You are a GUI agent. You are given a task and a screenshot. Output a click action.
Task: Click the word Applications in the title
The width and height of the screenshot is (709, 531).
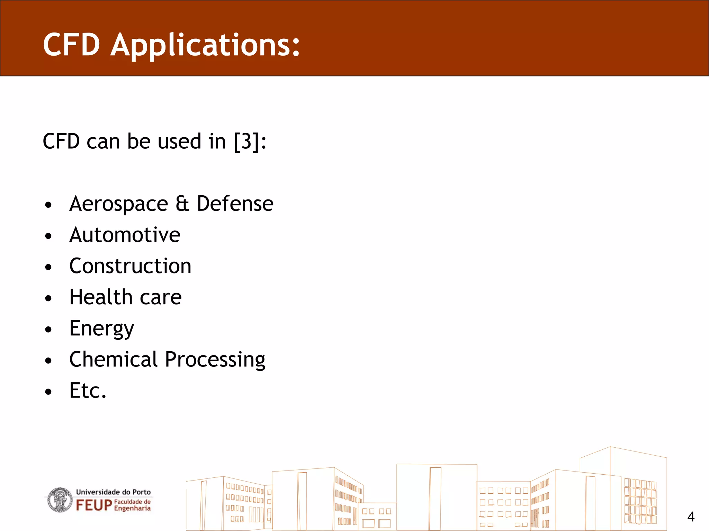[205, 45]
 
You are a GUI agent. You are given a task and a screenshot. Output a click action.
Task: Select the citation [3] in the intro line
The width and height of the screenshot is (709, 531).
[246, 141]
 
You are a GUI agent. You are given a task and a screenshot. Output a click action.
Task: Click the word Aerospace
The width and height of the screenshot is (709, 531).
[118, 204]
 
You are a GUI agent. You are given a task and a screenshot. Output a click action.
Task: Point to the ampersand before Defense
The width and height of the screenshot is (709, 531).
[182, 204]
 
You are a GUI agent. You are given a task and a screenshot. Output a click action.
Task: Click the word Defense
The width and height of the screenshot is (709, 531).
[235, 204]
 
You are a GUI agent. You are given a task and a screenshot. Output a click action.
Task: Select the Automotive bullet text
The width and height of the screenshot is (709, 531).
[125, 235]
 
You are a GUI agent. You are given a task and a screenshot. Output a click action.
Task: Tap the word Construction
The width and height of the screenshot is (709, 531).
[130, 266]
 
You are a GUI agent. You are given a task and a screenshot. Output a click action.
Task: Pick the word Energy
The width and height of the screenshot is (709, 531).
[101, 329]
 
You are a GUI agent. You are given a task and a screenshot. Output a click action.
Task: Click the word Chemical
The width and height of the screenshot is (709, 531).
[114, 360]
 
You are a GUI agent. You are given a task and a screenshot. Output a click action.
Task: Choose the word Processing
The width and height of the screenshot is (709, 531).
[215, 360]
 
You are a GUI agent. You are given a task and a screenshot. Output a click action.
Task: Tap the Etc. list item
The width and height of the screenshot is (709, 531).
[88, 391]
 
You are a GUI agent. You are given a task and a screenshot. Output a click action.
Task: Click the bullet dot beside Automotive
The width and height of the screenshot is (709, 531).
[48, 236]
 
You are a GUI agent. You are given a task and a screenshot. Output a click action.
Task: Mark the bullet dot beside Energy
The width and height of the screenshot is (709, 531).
[48, 330]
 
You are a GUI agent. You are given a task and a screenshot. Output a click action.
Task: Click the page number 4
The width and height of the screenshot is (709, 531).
[691, 517]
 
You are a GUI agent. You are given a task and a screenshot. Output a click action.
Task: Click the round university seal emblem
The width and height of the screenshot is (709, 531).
[60, 500]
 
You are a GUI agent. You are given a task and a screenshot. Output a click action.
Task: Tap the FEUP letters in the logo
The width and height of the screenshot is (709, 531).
[94, 505]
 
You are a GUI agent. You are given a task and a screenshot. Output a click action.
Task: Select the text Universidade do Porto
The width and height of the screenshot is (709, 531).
[113, 492]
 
